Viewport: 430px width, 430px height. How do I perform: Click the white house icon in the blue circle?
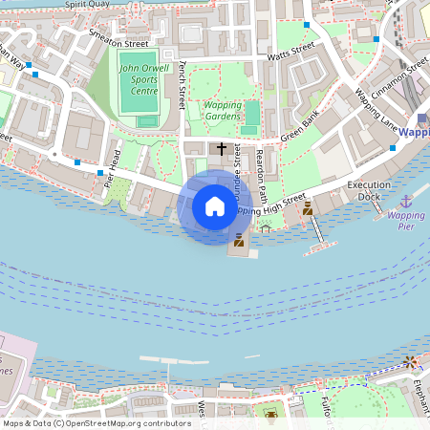pos(214,206)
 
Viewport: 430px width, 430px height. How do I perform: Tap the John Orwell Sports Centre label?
pos(139,79)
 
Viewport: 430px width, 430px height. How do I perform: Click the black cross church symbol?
pos(223,149)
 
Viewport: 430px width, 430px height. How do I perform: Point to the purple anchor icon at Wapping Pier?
pos(406,202)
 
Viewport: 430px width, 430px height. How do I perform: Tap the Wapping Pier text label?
pos(406,222)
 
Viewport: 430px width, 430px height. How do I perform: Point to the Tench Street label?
pos(181,83)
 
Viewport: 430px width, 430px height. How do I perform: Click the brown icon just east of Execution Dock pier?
pos(308,207)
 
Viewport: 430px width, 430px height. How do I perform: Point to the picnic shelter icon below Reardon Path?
pos(266,227)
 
